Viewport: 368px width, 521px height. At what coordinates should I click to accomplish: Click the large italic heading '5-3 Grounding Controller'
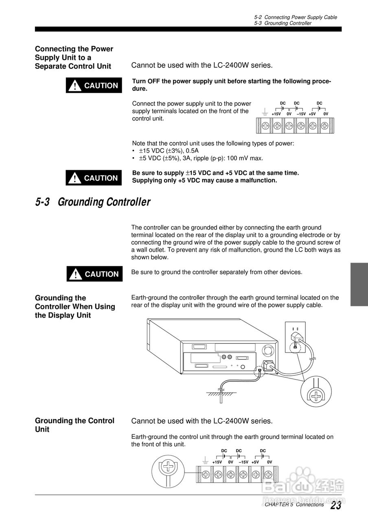coord(93,202)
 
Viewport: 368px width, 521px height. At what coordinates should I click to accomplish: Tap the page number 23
coord(335,506)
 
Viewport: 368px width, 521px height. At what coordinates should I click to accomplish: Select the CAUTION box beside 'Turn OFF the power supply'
coord(94,85)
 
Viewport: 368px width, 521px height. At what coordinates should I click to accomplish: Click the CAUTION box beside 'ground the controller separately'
coord(94,274)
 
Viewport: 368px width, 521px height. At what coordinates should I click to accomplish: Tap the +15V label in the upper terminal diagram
coord(276,114)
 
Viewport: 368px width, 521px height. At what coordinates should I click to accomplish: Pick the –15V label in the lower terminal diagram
coord(243,462)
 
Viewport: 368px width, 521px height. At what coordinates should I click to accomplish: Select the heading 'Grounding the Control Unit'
coord(74,425)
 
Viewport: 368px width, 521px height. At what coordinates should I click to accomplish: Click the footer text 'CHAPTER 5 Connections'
coord(294,505)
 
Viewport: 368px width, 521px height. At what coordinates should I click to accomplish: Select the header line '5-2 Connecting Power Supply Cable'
coord(295,17)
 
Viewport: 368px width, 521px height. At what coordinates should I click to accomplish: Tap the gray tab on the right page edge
coord(359,284)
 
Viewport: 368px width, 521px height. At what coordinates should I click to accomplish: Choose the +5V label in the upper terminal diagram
coord(312,114)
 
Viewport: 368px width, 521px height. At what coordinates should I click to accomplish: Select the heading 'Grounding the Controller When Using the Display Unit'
coord(75,306)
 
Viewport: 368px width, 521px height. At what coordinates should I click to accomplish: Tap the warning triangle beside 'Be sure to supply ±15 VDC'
coord(74,178)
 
